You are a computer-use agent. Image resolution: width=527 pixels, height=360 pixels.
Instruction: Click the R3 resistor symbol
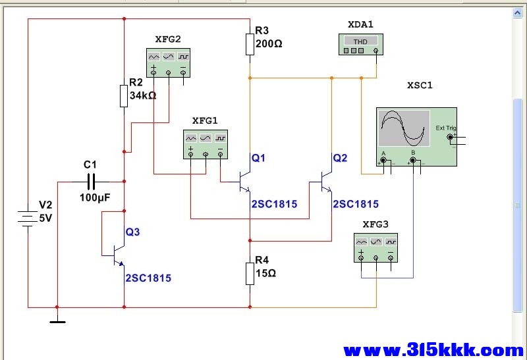(x=250, y=44)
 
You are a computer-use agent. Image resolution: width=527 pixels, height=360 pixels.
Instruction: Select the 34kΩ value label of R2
(x=143, y=95)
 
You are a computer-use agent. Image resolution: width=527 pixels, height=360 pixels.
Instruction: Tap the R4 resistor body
(x=250, y=274)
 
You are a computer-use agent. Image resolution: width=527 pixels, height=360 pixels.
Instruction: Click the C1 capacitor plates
(x=91, y=182)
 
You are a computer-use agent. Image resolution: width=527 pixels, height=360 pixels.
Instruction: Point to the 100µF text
(x=95, y=197)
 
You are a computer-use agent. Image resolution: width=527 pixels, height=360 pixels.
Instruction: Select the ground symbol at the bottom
(x=57, y=322)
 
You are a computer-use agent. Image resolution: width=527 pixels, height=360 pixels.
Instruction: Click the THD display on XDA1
(x=360, y=41)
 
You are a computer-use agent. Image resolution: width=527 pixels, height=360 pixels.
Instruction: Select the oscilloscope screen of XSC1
(x=404, y=128)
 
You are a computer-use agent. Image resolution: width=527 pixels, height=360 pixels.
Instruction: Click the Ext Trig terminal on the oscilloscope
(x=450, y=137)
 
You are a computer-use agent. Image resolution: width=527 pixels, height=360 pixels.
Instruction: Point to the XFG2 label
(x=168, y=39)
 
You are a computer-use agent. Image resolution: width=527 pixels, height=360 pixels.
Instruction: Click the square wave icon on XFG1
(x=221, y=138)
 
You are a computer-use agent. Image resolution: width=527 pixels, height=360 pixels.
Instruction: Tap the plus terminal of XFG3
(x=361, y=258)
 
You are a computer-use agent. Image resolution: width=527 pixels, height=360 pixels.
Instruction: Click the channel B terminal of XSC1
(x=413, y=161)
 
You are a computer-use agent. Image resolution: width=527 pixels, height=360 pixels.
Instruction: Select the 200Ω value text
(x=269, y=43)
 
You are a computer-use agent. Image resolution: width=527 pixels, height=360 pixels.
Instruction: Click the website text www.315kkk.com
(x=433, y=350)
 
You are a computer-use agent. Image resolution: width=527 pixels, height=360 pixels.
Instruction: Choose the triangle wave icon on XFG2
(x=154, y=57)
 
